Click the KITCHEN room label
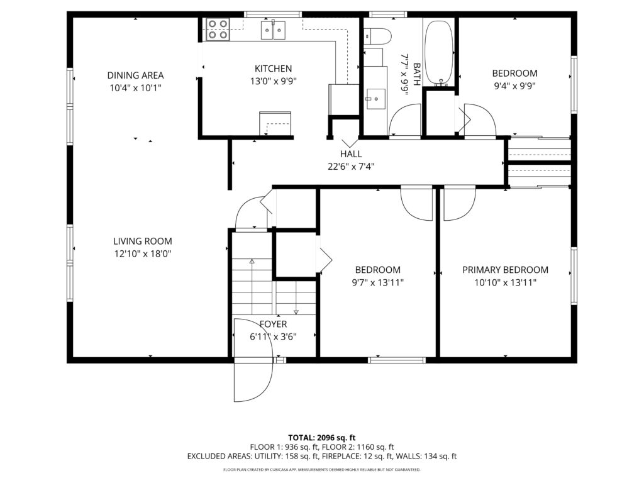(273, 69)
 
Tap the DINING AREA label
(136, 75)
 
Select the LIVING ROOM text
(143, 241)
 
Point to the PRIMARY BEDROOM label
(505, 270)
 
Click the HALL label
(351, 154)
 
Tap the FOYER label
(273, 324)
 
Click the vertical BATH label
(416, 74)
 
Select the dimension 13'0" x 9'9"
(273, 81)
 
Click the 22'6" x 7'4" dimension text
(351, 167)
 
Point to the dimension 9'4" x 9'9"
(514, 86)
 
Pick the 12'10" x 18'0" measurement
(143, 254)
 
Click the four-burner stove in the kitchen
(218, 29)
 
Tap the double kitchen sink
(273, 30)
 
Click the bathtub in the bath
(439, 52)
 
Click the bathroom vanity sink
(375, 99)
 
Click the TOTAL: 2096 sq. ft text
(321, 438)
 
